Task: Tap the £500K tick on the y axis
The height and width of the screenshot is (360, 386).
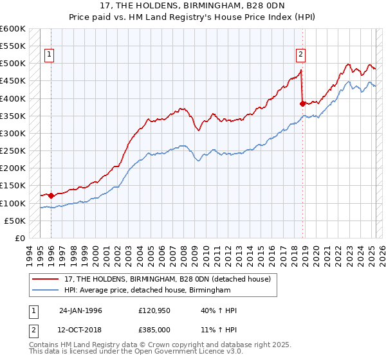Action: [x=13, y=64]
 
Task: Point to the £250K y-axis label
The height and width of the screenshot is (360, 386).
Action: [x=13, y=151]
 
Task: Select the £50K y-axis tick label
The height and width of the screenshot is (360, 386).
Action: [x=15, y=221]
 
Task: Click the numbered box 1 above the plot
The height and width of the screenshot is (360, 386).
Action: [x=50, y=55]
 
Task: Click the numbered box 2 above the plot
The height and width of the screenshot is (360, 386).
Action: [x=300, y=55]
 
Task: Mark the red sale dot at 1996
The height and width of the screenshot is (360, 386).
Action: [x=51, y=195]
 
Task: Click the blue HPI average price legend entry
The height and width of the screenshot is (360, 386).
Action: [x=147, y=291]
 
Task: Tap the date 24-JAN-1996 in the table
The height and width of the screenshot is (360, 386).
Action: [x=80, y=310]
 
